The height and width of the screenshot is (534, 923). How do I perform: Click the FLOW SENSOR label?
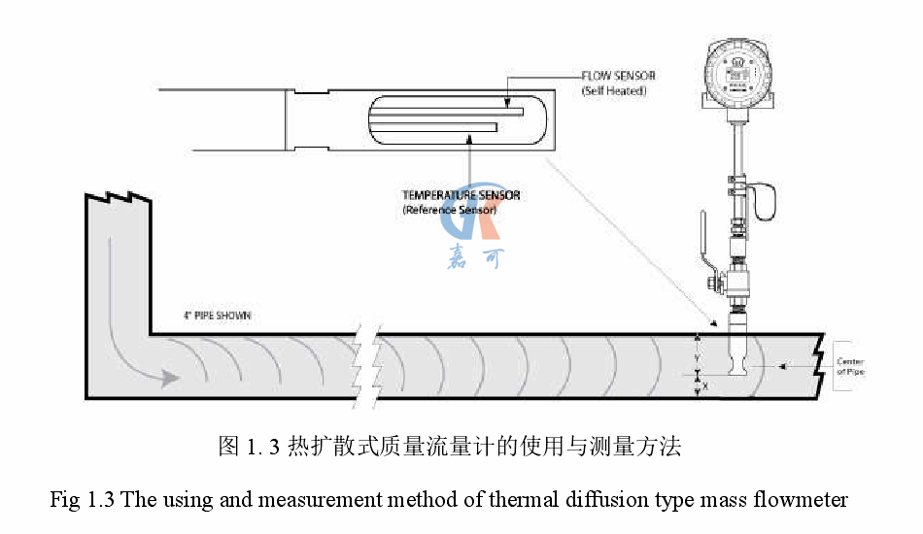pos(618,76)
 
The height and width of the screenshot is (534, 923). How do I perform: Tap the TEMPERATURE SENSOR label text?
pos(461,195)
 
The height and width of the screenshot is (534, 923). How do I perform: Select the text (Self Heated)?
pos(614,91)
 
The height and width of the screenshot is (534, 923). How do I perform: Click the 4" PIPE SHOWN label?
pos(221,316)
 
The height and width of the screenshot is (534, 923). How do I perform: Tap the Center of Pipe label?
pos(850,367)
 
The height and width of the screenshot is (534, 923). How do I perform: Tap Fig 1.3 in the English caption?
pos(83,500)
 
